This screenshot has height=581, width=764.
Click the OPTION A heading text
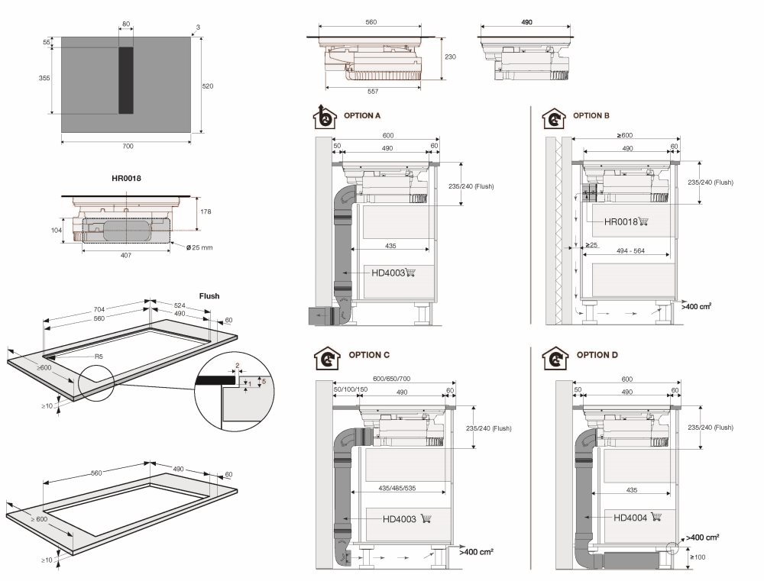coord(363,115)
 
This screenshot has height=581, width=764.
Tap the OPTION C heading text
coord(369,355)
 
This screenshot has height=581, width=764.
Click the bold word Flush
coord(209,295)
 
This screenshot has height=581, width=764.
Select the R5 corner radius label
coord(99,357)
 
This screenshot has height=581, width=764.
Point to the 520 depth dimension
coord(207,86)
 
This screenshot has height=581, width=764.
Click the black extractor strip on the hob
coord(125,79)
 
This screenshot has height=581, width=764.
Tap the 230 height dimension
coord(451,56)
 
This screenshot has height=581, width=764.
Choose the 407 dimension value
coord(126,255)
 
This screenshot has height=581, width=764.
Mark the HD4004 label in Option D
coord(630,518)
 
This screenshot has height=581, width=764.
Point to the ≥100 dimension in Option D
coord(699,557)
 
